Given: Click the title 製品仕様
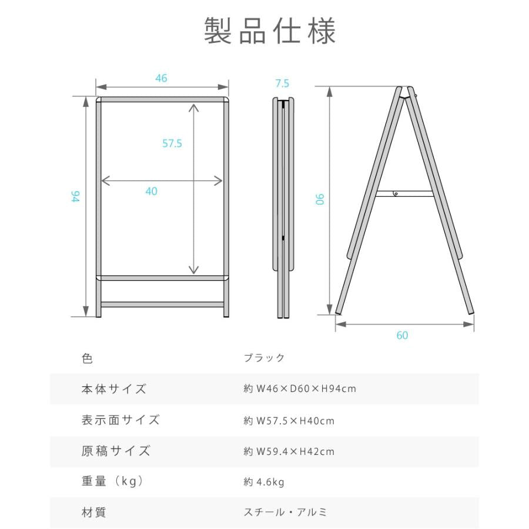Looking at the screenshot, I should point(270,31).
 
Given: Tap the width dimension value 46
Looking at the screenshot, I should point(162,78).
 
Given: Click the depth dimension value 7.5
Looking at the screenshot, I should point(282,83).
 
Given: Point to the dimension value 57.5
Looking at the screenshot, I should point(172,143).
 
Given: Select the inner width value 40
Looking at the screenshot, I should point(152,191).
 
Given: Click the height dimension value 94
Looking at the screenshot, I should point(75,197).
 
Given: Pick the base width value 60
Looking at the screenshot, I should point(402,336).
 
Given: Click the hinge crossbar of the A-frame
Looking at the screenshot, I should point(404,193).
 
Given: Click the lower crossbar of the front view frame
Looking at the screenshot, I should point(162,304).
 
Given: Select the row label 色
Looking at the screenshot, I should point(87,358).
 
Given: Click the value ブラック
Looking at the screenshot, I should point(264,358).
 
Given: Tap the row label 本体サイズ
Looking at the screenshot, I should point(113,389).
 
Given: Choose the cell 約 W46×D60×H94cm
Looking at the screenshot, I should point(300,389).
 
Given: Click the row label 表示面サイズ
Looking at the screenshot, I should point(120,420).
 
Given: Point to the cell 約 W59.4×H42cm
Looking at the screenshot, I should point(289,451).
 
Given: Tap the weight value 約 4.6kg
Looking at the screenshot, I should point(264,483).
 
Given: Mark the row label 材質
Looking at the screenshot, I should point(93,513).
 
